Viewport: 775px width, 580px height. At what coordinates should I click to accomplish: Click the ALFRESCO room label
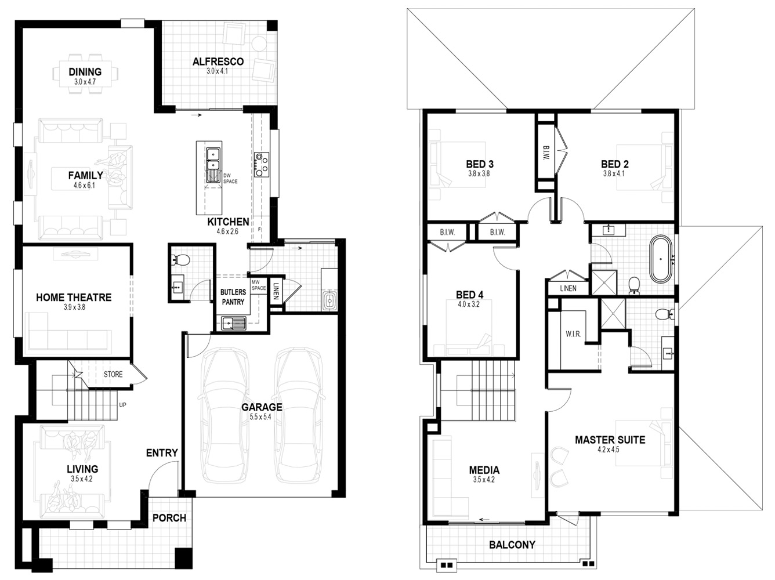[218, 62]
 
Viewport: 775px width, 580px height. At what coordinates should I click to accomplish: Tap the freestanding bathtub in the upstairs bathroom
[661, 259]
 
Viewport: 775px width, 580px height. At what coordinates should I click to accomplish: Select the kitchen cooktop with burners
[261, 164]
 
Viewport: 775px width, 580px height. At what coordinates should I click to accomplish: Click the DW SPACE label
[230, 178]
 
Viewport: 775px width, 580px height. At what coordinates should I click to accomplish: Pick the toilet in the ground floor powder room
[181, 260]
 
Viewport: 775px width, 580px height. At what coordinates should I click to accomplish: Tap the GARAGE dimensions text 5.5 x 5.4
[260, 417]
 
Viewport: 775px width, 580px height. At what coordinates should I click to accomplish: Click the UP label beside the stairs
[122, 405]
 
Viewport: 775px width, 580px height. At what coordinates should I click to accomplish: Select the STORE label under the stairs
[113, 374]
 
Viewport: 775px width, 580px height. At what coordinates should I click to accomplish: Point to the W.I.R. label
[573, 334]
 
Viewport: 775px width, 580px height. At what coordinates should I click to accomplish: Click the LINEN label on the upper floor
[568, 288]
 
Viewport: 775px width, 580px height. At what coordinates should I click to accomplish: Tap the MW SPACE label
[259, 285]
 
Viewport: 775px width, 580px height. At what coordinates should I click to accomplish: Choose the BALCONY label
[512, 545]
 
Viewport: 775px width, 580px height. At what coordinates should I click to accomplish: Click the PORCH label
[169, 518]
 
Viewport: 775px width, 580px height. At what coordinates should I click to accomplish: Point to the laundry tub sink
[329, 301]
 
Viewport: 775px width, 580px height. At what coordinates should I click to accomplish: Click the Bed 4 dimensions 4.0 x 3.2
[469, 304]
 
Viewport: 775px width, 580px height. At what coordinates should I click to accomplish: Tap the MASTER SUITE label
[610, 440]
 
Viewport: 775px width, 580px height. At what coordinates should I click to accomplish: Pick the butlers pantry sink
[234, 324]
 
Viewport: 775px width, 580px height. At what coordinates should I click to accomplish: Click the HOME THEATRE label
[74, 298]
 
